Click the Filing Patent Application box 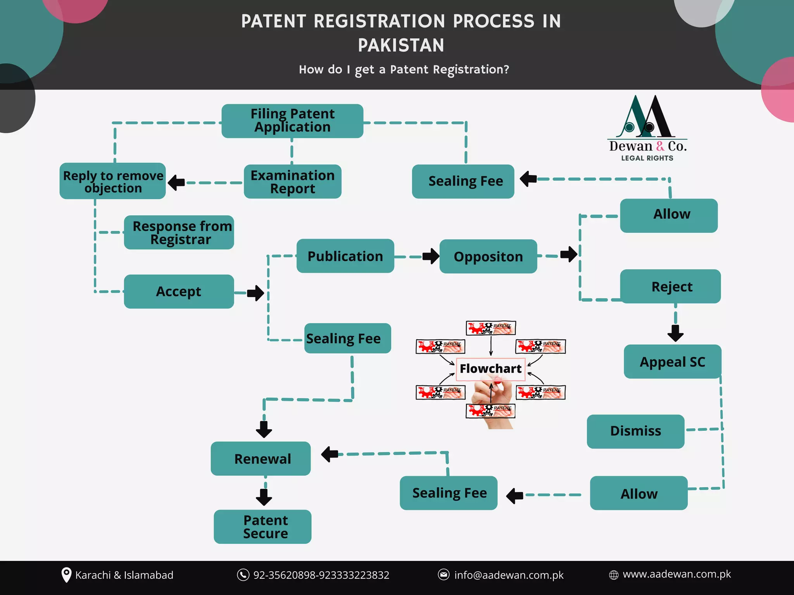pos(292,121)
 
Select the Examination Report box pos(292,182)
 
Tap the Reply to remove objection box pos(112,181)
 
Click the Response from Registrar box pos(179,232)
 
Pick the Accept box pos(179,292)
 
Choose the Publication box pos(345,256)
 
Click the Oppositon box pos(488,256)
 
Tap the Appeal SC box pos(672,362)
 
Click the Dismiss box pos(635,431)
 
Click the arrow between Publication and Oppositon pos(431,256)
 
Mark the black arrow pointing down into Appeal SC pos(675,333)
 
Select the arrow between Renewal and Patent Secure pos(264,497)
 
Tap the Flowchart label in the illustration pos(490,368)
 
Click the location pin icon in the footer pos(67,575)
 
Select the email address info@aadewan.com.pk pos(509,575)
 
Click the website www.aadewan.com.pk pos(677,574)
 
